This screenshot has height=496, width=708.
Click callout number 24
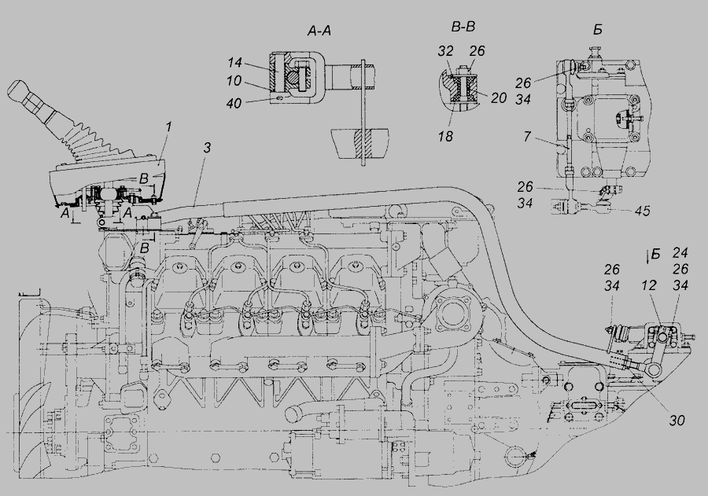[680, 253]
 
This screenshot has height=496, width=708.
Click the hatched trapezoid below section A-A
[360, 143]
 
